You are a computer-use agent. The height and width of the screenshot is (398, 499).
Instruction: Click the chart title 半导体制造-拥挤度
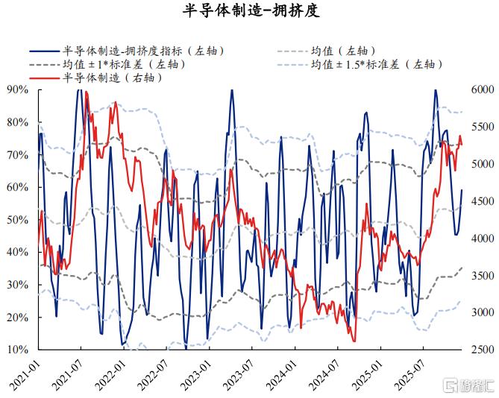[x=251, y=11]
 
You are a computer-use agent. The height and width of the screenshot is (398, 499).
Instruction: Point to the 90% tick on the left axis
[x=18, y=89]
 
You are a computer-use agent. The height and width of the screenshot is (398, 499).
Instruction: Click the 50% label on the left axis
[x=18, y=220]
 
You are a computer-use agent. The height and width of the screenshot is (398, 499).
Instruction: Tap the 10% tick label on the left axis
[x=18, y=350]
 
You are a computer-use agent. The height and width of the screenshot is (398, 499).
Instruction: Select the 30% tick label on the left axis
[x=18, y=285]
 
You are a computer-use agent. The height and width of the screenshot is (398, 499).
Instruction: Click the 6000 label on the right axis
[x=483, y=89]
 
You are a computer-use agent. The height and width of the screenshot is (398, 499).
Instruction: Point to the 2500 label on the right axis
[x=483, y=350]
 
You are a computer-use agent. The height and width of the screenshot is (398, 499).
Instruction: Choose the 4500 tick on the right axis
[x=483, y=201]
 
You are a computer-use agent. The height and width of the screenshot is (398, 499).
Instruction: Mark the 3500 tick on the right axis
[x=483, y=275]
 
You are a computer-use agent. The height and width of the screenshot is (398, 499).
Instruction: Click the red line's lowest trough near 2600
[x=354, y=341]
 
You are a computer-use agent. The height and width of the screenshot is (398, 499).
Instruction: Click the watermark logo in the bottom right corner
[x=471, y=386]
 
